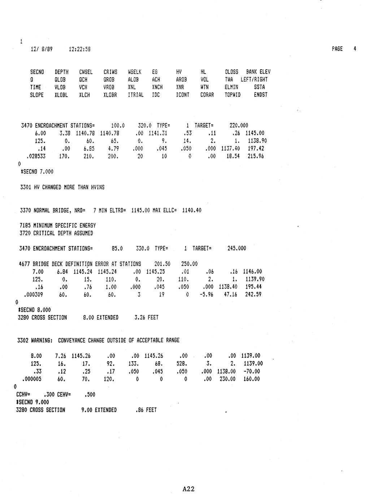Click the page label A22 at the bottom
188,489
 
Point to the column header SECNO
37,72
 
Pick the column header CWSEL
86,72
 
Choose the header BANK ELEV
258,72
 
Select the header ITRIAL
136,95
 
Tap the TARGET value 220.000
239,126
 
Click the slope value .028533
35,156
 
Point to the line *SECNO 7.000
37,172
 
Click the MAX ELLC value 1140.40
192,210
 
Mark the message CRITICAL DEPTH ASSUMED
63,233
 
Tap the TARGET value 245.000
236,248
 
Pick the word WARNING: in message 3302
43,340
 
